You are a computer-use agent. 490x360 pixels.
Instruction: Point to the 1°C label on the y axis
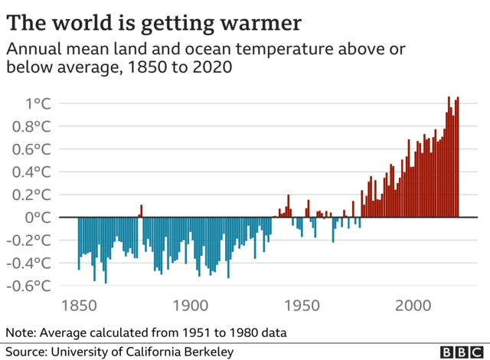(38, 103)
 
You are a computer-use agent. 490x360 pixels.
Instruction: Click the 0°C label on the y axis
(38, 217)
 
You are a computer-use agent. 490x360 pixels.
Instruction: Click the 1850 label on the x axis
(79, 306)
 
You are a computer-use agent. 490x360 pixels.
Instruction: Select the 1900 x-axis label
(191, 306)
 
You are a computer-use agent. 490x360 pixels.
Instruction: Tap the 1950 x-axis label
(302, 306)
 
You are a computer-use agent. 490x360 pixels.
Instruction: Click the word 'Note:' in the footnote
(22, 333)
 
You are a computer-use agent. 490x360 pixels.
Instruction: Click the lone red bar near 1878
(142, 211)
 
